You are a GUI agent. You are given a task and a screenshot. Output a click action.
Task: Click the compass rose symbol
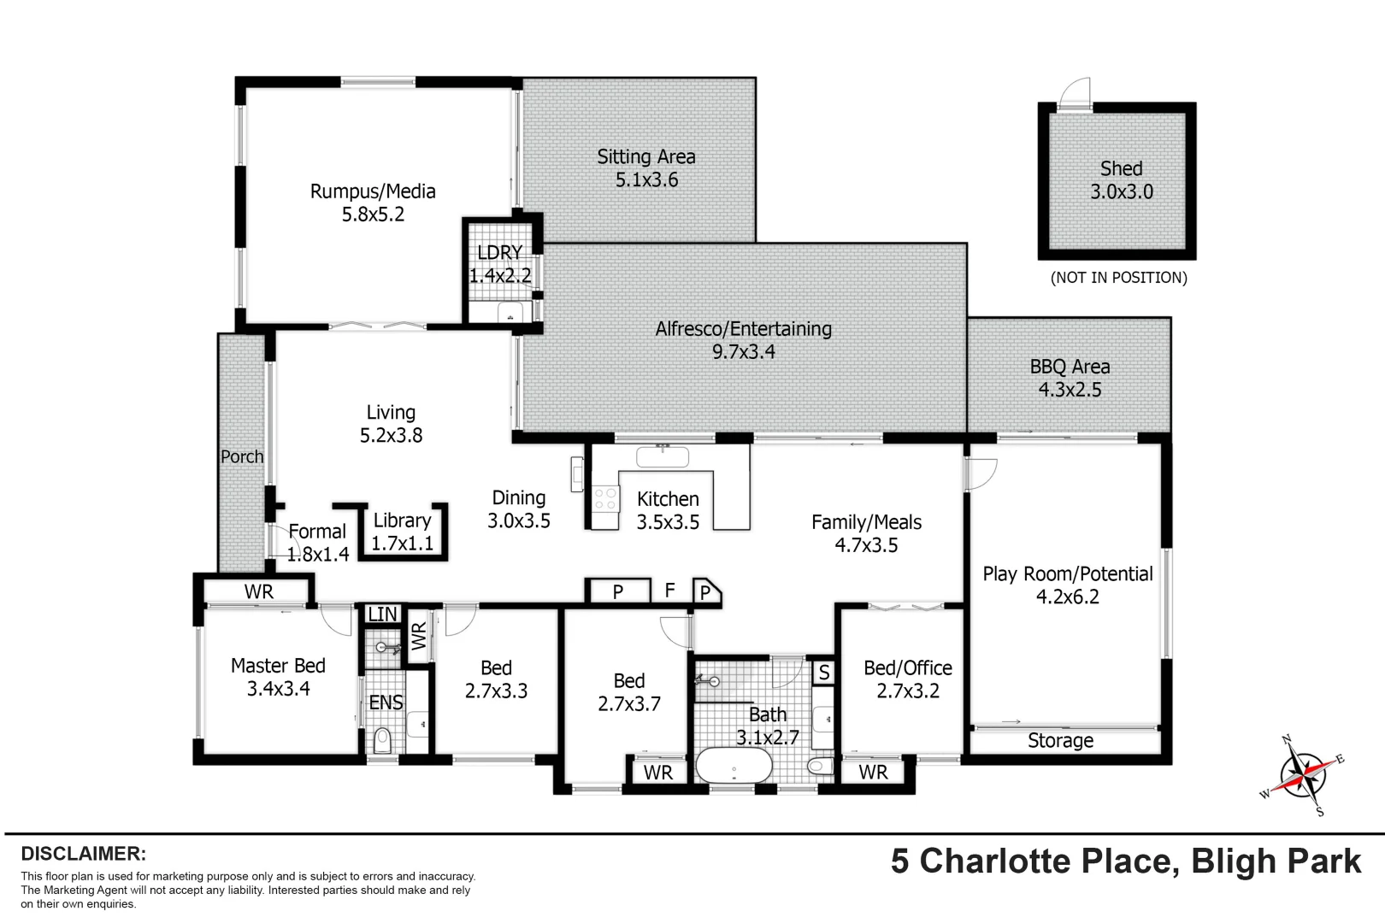click(x=1301, y=775)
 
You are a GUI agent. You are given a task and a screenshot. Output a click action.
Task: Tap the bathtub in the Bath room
click(x=734, y=766)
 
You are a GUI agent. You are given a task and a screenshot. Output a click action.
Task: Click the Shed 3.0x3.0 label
click(x=1121, y=180)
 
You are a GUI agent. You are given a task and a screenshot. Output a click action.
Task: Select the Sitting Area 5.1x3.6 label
click(x=646, y=168)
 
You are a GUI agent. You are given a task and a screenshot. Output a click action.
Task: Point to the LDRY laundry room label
click(x=500, y=264)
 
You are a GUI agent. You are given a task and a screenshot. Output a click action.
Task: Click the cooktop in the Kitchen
click(x=606, y=498)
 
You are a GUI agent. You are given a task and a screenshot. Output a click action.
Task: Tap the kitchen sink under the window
click(x=663, y=456)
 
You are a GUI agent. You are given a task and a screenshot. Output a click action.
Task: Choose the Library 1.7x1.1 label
click(x=402, y=532)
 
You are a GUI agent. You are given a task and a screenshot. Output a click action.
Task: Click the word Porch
click(x=242, y=456)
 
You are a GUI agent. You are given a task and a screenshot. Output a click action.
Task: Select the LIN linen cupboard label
click(x=382, y=614)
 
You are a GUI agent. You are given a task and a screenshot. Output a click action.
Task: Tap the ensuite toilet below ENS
click(x=382, y=740)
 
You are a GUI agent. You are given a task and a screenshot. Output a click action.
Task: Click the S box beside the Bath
click(x=823, y=673)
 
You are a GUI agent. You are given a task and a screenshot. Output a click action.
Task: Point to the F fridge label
click(x=670, y=591)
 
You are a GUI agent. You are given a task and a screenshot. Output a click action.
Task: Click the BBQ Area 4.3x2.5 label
click(x=1070, y=378)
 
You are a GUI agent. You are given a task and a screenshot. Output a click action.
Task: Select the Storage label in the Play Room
click(x=1060, y=741)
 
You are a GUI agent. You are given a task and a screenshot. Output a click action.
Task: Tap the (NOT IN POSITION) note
click(x=1118, y=278)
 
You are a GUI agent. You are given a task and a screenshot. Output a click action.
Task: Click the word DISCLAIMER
click(x=84, y=854)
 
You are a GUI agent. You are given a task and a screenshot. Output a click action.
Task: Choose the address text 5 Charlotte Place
click(x=1034, y=861)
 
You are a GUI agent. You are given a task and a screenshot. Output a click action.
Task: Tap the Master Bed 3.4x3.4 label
click(x=278, y=677)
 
